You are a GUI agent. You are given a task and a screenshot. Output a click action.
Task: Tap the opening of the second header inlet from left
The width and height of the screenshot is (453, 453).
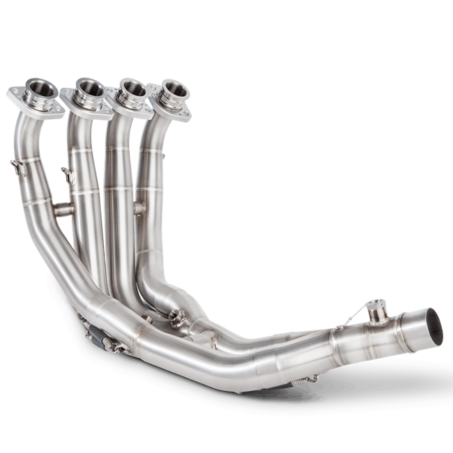[89, 89]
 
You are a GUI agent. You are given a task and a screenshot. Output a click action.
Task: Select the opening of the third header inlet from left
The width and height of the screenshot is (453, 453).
[132, 89]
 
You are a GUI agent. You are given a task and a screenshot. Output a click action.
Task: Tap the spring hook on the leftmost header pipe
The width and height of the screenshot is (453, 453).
[17, 167]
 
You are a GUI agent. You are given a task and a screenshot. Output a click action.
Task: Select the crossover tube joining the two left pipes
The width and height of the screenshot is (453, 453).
[63, 208]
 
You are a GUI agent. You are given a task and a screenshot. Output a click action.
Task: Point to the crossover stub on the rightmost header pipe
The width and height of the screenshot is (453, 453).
[139, 208]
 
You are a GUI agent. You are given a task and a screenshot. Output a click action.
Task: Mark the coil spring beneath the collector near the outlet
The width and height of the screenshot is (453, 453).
[304, 381]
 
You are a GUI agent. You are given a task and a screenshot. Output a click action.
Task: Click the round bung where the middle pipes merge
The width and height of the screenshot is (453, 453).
[176, 321]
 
